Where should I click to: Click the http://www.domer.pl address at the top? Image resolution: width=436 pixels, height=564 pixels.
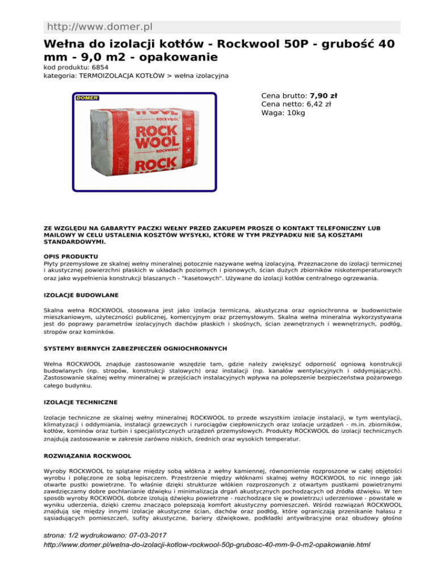point(99,27)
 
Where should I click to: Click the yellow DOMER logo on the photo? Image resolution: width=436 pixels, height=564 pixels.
point(87,98)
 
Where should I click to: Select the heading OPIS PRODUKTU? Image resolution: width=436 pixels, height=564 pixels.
point(70,257)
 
